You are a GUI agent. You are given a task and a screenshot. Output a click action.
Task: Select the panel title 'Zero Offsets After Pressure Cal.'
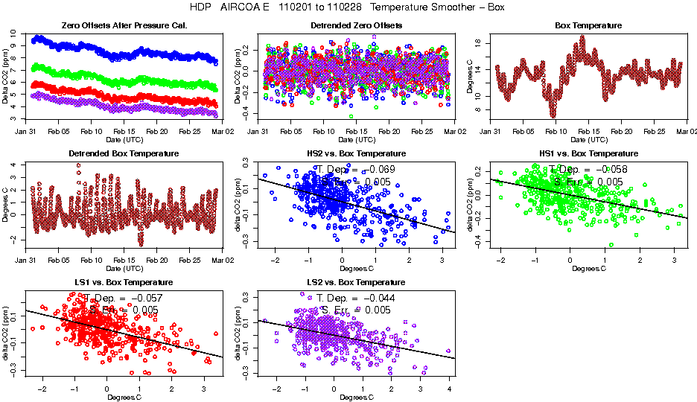point(123,26)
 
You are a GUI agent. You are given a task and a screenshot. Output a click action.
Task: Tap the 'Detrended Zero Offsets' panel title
point(356,26)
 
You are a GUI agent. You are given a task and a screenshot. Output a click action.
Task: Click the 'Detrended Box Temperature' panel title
point(124,154)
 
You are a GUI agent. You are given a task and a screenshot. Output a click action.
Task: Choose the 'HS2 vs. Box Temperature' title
point(356,154)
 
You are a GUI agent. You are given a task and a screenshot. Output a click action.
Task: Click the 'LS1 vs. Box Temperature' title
point(124,283)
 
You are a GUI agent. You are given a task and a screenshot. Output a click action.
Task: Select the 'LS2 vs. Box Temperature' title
point(356,283)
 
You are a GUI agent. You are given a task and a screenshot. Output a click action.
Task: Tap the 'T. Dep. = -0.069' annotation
point(356,169)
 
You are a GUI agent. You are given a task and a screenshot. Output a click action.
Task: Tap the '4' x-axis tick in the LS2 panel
point(449,389)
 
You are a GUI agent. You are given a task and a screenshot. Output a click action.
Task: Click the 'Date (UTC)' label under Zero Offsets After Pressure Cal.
point(124,139)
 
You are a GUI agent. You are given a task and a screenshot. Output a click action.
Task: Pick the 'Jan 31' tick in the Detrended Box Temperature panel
point(26,260)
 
